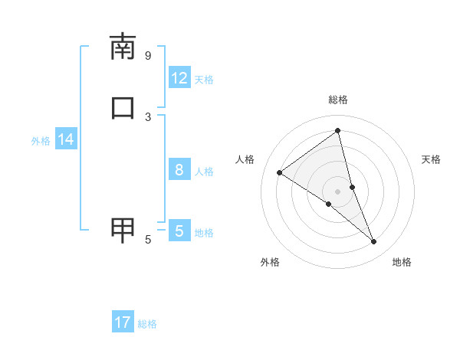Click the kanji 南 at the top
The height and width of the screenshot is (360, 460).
[x=123, y=47]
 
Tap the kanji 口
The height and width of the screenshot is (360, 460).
[x=123, y=108]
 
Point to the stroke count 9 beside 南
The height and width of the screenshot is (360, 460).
[x=148, y=55]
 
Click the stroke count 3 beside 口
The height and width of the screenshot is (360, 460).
[x=148, y=116]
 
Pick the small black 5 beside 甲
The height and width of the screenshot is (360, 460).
[x=148, y=240]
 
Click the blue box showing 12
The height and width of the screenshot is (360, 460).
[x=179, y=78]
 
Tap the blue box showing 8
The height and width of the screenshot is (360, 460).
[x=179, y=170]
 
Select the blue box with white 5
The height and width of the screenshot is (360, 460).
[x=179, y=231]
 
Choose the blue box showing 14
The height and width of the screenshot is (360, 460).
[x=66, y=139]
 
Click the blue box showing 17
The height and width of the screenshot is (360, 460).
[x=123, y=322]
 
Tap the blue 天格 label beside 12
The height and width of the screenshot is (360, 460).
[x=204, y=80]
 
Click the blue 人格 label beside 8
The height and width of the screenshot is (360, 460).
[x=204, y=172]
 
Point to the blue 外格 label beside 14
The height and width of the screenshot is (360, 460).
[x=41, y=141]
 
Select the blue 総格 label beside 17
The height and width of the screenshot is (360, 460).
[x=147, y=324]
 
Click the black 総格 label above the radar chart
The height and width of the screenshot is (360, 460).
[x=338, y=100]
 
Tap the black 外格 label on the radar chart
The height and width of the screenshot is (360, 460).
[x=270, y=262]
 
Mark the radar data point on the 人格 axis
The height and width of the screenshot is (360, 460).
[x=279, y=172]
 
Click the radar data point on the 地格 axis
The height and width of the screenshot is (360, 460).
[x=374, y=242]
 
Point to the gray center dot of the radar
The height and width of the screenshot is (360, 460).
[x=338, y=191]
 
